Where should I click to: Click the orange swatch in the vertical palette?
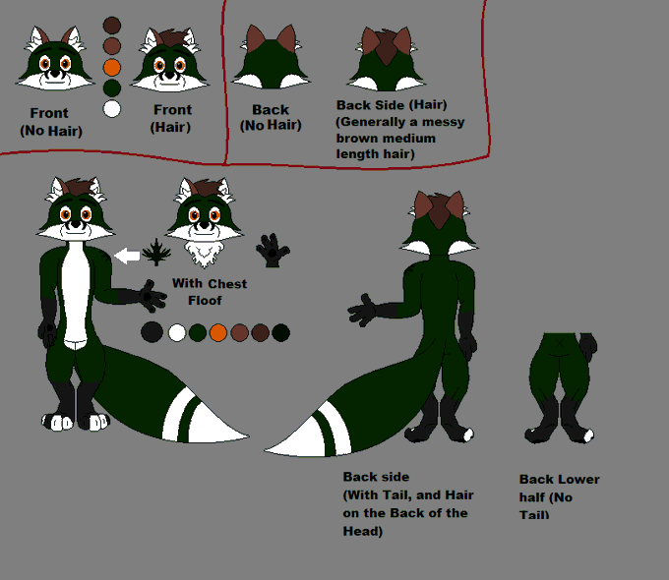(112, 67)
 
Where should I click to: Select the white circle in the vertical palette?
(112, 108)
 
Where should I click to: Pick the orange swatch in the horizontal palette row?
(217, 332)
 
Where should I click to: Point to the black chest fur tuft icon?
(154, 253)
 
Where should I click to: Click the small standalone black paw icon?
(273, 252)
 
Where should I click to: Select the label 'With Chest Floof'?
(210, 292)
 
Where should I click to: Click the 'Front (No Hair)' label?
(50, 122)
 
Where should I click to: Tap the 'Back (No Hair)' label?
(271, 118)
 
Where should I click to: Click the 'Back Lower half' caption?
(559, 489)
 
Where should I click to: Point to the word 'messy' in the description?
(441, 122)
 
